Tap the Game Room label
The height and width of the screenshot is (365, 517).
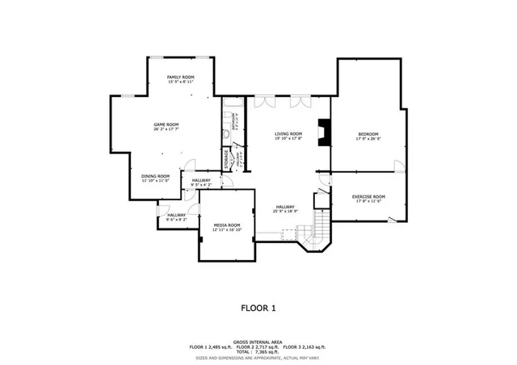coord(166,124)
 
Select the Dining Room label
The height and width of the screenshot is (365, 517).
coord(156,175)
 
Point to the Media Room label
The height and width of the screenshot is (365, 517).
coord(227,224)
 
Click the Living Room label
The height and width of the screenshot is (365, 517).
coord(288,133)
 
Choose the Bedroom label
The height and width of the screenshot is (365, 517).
coord(368,133)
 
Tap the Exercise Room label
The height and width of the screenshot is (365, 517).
coord(368,196)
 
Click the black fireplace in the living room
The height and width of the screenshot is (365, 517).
coord(323,132)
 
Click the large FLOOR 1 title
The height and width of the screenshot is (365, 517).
coord(258,308)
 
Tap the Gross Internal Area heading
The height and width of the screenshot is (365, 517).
coord(258,342)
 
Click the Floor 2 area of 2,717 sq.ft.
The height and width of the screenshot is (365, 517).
coord(258,346)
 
